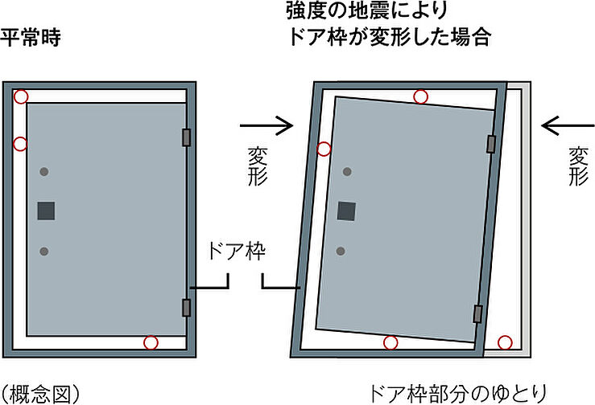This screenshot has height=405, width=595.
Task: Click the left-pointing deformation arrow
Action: (x=568, y=125)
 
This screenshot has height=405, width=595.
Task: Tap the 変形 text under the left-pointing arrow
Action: (x=577, y=165)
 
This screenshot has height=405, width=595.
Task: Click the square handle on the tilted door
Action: (x=347, y=211)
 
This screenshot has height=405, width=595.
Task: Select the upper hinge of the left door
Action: (x=188, y=137)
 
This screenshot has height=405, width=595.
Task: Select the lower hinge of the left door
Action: (x=188, y=306)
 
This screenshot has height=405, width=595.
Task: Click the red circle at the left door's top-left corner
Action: (x=22, y=96)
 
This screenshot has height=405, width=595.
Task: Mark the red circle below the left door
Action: (x=151, y=343)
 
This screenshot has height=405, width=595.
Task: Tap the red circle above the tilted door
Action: (x=420, y=97)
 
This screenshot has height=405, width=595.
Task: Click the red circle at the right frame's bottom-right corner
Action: (x=505, y=343)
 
